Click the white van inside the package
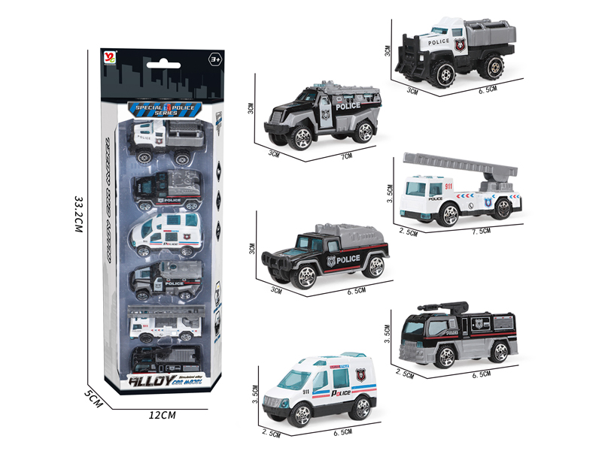166,232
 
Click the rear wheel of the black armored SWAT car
364,132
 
